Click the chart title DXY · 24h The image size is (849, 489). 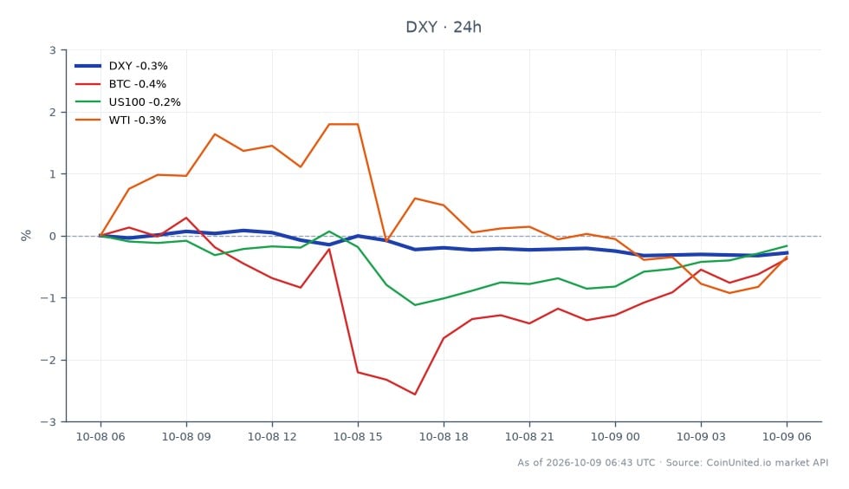444,27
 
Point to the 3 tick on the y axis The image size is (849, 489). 53,50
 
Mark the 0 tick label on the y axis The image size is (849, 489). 53,236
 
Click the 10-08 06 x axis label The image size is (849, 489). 100,436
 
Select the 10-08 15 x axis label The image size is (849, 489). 358,436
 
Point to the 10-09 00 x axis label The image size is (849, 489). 615,436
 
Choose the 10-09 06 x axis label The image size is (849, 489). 787,436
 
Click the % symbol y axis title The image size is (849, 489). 26,235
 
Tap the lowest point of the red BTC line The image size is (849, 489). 415,394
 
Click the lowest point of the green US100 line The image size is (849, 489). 415,304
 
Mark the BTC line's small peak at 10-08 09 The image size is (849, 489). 186,218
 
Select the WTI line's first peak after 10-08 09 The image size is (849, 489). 215,134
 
